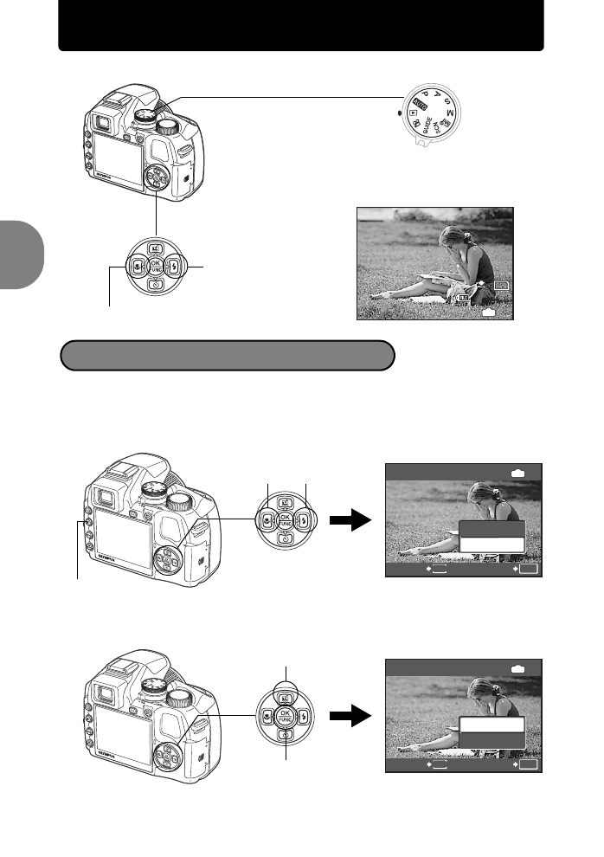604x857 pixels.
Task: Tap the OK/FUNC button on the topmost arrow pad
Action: click(x=156, y=267)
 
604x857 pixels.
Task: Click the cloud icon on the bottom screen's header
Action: click(x=519, y=669)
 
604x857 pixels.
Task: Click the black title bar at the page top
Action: click(x=301, y=26)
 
